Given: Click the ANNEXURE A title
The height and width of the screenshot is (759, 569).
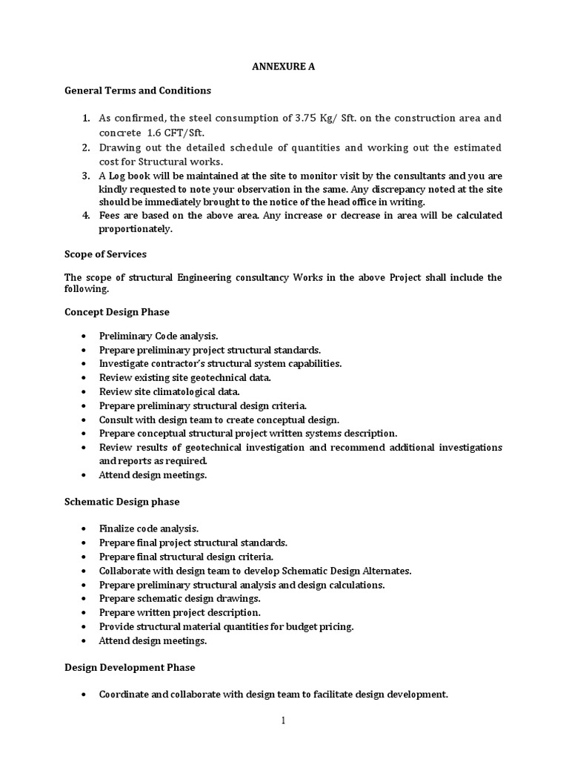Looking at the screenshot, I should [284, 67].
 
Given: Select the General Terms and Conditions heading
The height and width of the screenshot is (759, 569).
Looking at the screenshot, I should [138, 90].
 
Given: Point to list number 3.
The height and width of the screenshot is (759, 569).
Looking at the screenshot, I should [85, 176].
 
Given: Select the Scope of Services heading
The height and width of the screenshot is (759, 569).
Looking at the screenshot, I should [105, 254].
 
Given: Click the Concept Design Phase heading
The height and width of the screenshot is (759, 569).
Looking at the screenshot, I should [117, 312].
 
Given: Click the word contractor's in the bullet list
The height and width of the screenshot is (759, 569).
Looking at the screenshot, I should [176, 363].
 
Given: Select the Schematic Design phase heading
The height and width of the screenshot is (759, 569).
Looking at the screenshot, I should [122, 502].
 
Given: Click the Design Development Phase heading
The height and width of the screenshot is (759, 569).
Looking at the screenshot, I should [130, 667].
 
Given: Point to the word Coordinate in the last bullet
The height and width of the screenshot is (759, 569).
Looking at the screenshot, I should [124, 695].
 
